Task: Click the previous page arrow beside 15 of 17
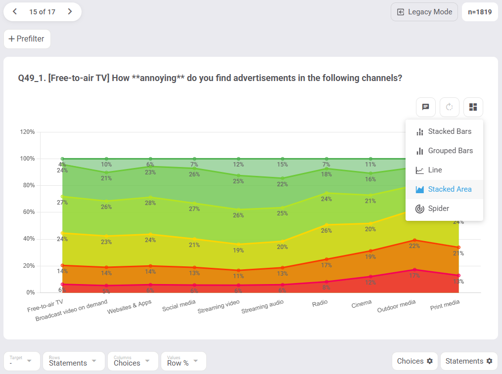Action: (15, 12)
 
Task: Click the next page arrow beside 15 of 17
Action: (70, 12)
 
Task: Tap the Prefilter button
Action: (27, 39)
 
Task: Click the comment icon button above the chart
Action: (425, 107)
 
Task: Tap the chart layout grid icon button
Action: (473, 107)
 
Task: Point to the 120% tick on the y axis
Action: (27, 132)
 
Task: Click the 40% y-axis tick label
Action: (27, 239)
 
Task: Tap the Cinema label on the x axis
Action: (362, 303)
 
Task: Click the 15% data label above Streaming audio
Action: (282, 165)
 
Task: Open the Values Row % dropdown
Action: (183, 361)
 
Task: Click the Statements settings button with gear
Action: (469, 361)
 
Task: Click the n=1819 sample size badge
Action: (480, 12)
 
